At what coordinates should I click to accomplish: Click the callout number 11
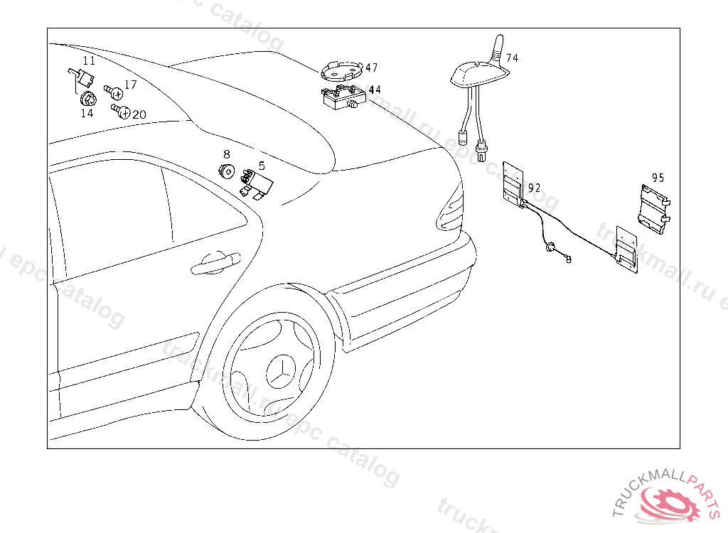[x=88, y=60]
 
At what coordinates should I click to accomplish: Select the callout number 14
[x=87, y=113]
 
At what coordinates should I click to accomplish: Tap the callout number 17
[x=130, y=85]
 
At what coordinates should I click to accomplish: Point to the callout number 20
[x=139, y=114]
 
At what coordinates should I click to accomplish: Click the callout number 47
[x=371, y=68]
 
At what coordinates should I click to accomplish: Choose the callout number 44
[x=374, y=90]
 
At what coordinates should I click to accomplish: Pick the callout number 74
[x=512, y=58]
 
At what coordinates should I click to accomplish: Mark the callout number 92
[x=535, y=188]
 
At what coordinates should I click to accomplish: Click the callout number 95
[x=658, y=178]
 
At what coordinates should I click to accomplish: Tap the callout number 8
[x=226, y=154]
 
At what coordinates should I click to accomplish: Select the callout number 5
[x=262, y=166]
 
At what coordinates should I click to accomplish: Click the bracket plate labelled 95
[x=653, y=207]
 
